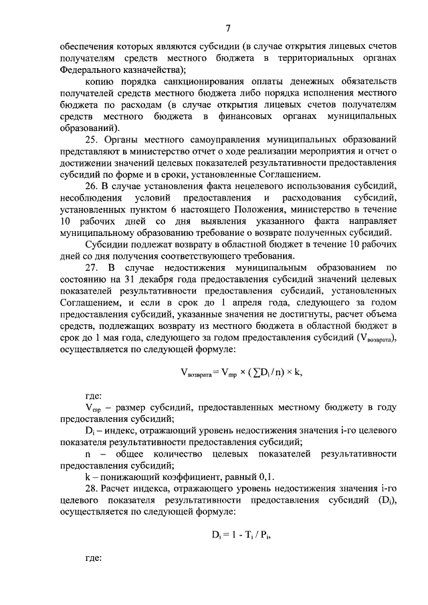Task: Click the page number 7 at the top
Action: [x=227, y=27]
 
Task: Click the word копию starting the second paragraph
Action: [x=100, y=81]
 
